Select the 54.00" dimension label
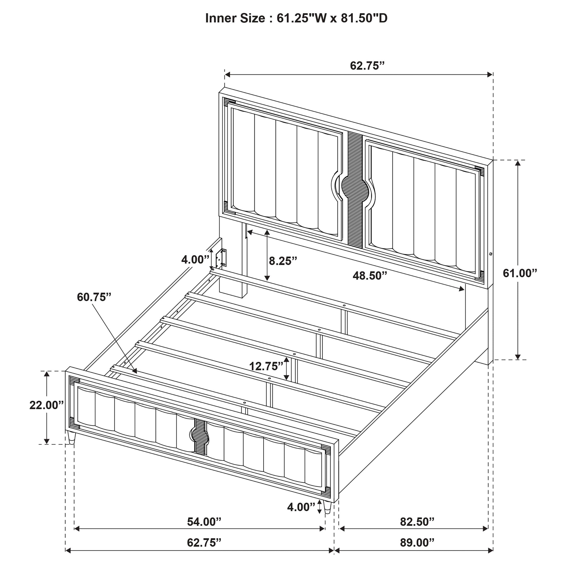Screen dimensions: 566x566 tap(204, 522)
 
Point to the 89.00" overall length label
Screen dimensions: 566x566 tap(417, 543)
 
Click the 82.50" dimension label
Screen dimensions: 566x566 tap(417, 522)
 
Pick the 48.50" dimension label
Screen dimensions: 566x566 tap(370, 276)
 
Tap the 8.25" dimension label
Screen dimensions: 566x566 tap(283, 261)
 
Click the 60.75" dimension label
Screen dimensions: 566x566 tap(94, 297)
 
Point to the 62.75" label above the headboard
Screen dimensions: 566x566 tap(367, 66)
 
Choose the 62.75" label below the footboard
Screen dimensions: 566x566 tap(204, 543)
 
